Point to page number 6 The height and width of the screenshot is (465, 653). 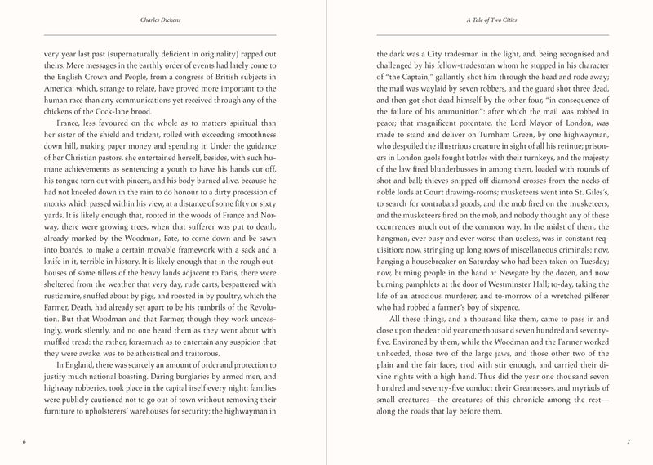pos(25,441)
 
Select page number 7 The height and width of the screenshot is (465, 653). pos(626,441)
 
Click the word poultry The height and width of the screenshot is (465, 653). pos(233,302)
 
